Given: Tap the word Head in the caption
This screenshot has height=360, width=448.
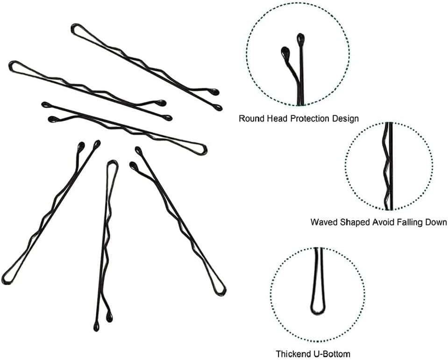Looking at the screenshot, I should (x=277, y=118).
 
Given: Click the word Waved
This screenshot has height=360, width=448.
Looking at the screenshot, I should (x=323, y=222).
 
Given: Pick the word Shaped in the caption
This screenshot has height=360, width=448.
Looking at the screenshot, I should (x=353, y=222).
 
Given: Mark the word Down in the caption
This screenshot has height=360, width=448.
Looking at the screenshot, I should (x=436, y=222).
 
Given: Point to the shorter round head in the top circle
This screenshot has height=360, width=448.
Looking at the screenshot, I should (x=284, y=50).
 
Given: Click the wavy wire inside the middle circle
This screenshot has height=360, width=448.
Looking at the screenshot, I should (x=386, y=168).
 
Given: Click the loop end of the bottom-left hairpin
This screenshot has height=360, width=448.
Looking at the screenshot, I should (x=6, y=279).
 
